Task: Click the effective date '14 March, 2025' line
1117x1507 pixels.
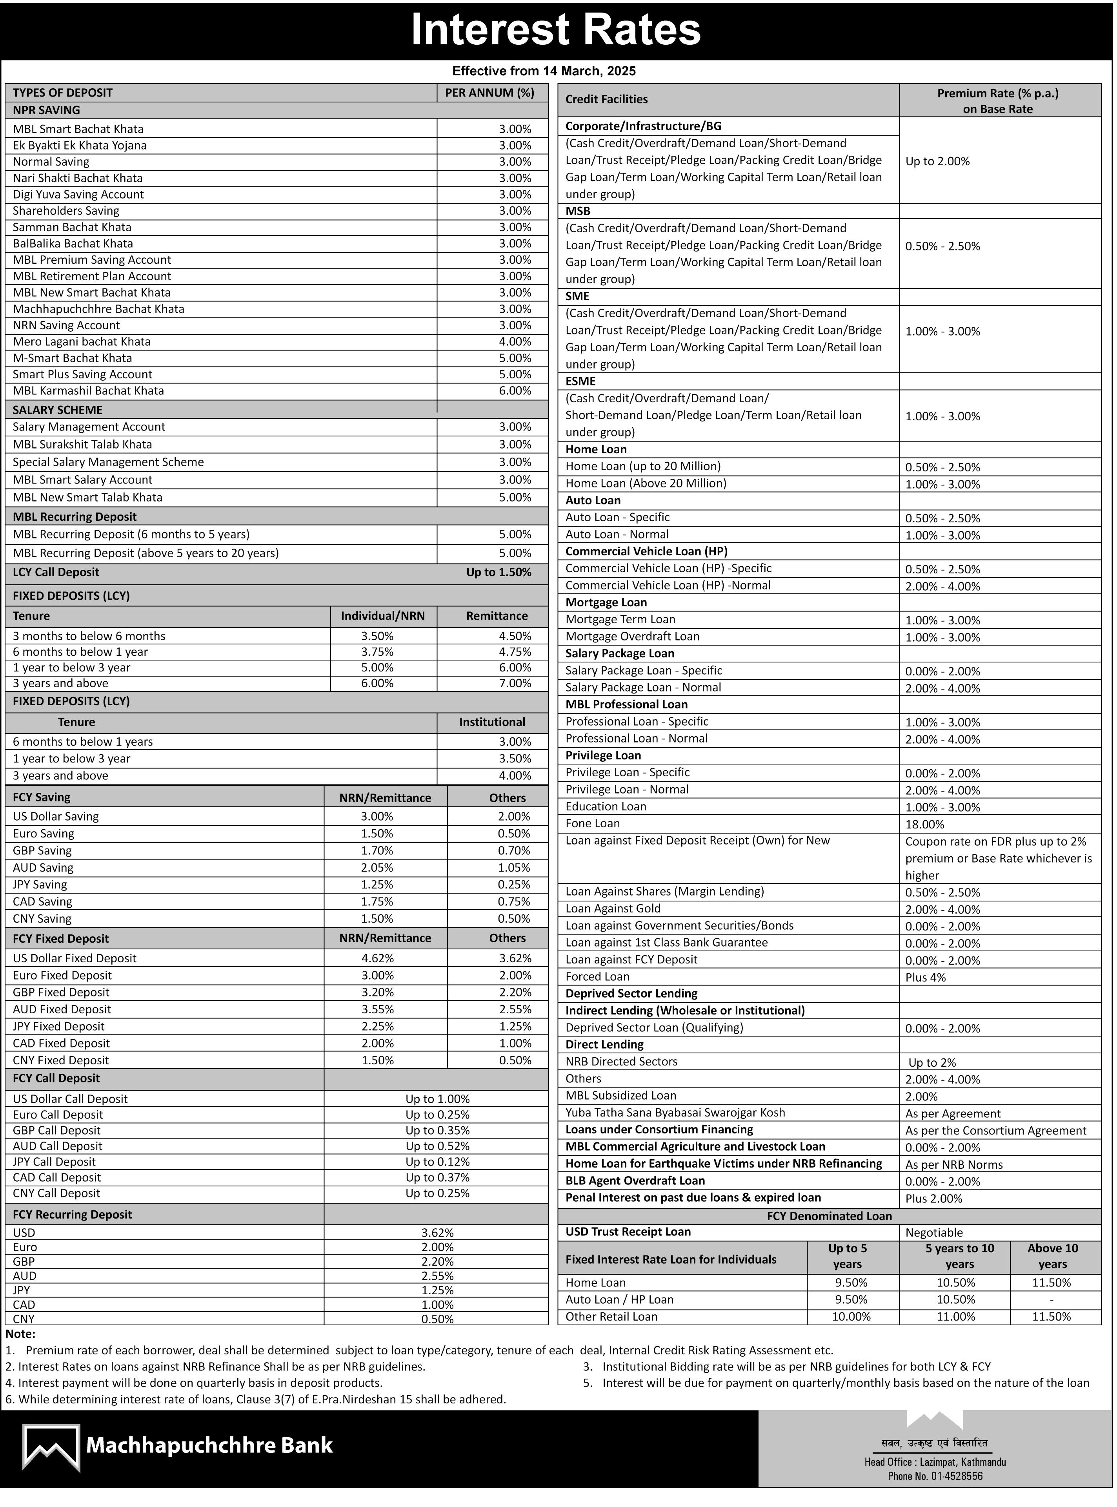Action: click(544, 71)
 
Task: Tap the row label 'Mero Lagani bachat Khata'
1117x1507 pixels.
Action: click(82, 341)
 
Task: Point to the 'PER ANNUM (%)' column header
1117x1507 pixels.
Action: click(489, 93)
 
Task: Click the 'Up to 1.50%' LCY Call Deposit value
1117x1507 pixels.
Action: click(498, 572)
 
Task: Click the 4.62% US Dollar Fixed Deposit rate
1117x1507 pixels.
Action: click(377, 958)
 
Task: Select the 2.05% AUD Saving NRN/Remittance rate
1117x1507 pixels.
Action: click(377, 867)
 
